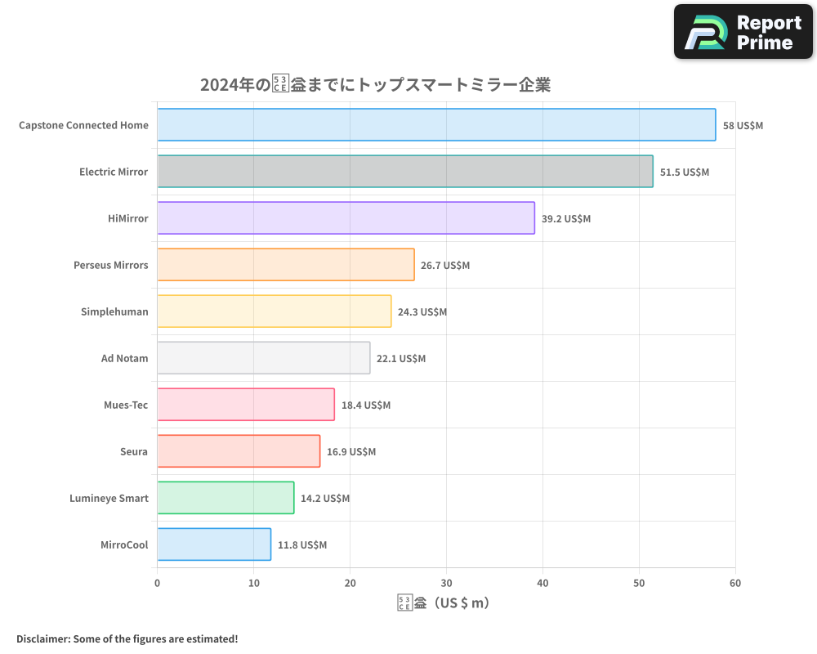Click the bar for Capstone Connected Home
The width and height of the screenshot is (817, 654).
click(x=436, y=125)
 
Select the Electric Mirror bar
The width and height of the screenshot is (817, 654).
click(x=404, y=172)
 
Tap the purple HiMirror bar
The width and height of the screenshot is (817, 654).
click(x=346, y=218)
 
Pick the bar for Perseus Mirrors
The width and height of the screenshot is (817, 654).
click(x=285, y=265)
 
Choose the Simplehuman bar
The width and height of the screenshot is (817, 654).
click(x=274, y=311)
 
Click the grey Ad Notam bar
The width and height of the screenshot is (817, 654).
click(x=263, y=358)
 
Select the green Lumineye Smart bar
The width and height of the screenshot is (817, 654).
click(x=225, y=498)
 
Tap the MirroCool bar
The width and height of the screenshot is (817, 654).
click(x=214, y=544)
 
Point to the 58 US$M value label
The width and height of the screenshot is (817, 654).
click(x=743, y=126)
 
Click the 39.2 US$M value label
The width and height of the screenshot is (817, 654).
click(x=565, y=219)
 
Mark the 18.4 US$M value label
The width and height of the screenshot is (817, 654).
click(x=366, y=405)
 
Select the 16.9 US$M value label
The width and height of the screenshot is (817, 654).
click(x=351, y=452)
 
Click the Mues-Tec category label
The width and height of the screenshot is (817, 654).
click(x=126, y=405)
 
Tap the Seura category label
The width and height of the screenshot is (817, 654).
click(x=134, y=451)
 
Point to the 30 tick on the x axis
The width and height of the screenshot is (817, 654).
click(x=446, y=583)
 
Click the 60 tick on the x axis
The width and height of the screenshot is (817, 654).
click(x=735, y=583)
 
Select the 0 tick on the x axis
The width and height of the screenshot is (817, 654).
click(x=158, y=583)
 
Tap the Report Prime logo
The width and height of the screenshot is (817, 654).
click(x=743, y=32)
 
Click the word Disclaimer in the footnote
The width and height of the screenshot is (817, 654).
click(x=42, y=638)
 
